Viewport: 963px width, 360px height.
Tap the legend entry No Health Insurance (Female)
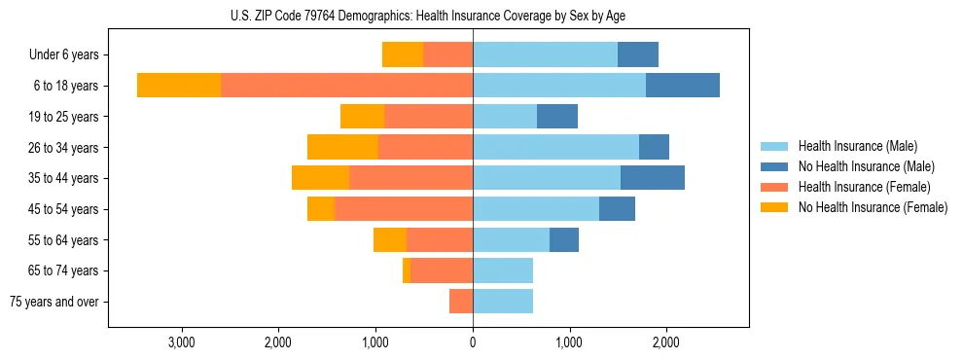[872, 207]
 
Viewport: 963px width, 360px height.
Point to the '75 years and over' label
[53, 302]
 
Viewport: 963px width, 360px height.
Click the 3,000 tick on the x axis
[183, 342]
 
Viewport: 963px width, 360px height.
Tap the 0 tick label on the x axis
[473, 342]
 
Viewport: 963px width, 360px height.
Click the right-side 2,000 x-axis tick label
[665, 342]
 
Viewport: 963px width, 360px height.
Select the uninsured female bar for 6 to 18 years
[179, 86]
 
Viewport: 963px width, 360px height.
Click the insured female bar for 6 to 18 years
[346, 86]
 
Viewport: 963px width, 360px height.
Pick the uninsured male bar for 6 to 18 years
[683, 86]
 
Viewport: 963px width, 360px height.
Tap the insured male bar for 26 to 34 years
[555, 147]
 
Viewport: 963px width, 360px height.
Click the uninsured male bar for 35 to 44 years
[653, 178]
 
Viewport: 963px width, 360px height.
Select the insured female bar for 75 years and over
[461, 302]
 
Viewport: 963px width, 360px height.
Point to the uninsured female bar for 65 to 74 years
[407, 270]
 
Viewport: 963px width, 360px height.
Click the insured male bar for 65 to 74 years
[503, 270]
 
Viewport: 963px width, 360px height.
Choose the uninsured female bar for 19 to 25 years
[362, 117]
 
